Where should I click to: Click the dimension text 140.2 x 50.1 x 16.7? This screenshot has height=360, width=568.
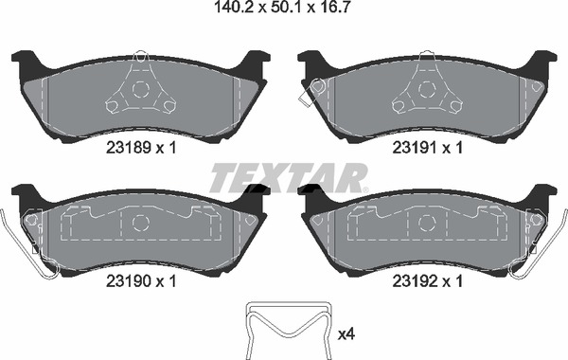[x=282, y=7]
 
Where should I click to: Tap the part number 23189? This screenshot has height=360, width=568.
[x=128, y=148]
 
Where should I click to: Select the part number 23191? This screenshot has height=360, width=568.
[x=416, y=148]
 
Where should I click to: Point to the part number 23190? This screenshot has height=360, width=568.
[x=128, y=281]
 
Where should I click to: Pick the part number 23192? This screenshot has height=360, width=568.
[x=416, y=281]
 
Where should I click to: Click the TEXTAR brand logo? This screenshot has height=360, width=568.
[x=289, y=178]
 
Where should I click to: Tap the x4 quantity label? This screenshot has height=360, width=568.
[x=346, y=334]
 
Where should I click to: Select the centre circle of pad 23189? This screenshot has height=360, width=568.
[x=140, y=89]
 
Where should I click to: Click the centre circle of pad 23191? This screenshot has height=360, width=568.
[x=427, y=89]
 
